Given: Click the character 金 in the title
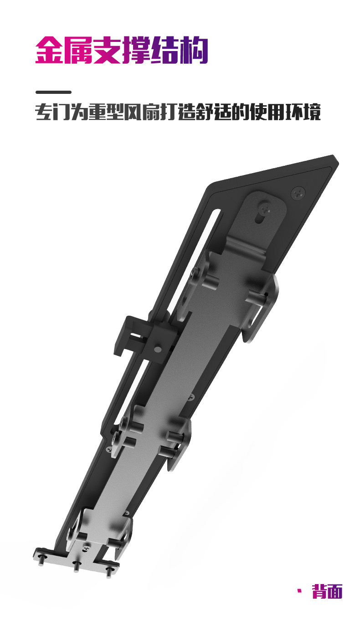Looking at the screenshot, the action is (50, 50).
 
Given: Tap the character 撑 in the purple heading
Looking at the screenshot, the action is (136, 50).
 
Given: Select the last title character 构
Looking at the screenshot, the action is (194, 50).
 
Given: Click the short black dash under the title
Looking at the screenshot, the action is (53, 92).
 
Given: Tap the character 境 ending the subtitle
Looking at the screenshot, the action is (312, 112).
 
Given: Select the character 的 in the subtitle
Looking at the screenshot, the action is (241, 112).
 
